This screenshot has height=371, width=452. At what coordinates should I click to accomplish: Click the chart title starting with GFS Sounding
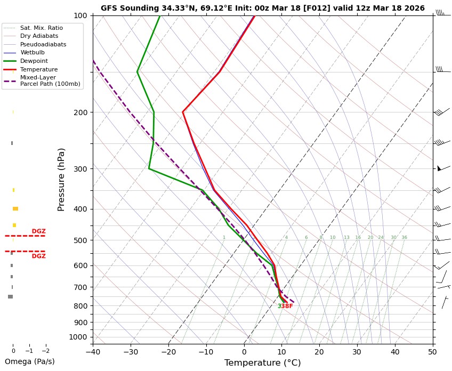pyautogui.click(x=263, y=8)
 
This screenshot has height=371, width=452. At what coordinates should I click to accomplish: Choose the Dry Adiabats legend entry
pyautogui.click(x=39, y=36)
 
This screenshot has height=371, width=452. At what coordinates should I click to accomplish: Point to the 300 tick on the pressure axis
pyautogui.click(x=81, y=168)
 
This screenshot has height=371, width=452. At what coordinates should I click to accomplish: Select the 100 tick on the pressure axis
pyautogui.click(x=81, y=15)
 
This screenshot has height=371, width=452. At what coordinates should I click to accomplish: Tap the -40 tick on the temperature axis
pyautogui.click(x=93, y=352)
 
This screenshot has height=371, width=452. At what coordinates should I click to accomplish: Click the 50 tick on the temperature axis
pyautogui.click(x=433, y=352)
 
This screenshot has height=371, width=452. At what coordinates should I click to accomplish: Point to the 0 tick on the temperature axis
pyautogui.click(x=244, y=352)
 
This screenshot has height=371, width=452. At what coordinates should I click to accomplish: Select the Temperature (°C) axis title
pyautogui.click(x=263, y=363)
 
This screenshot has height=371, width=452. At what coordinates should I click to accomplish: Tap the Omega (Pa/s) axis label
pyautogui.click(x=29, y=361)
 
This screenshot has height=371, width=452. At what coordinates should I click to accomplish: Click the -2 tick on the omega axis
pyautogui.click(x=45, y=351)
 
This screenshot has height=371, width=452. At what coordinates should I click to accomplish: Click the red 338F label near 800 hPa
pyautogui.click(x=285, y=307)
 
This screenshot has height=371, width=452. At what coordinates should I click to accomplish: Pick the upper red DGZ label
pyautogui.click(x=39, y=231)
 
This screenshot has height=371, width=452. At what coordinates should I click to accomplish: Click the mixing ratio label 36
pyautogui.click(x=404, y=238)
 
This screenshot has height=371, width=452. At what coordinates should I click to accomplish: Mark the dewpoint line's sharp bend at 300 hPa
pyautogui.click(x=149, y=168)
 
